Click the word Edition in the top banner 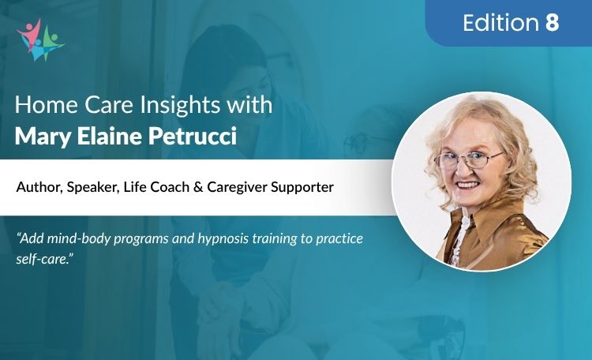point(500,23)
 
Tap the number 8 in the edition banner point(552,23)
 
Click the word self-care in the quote point(41,256)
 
